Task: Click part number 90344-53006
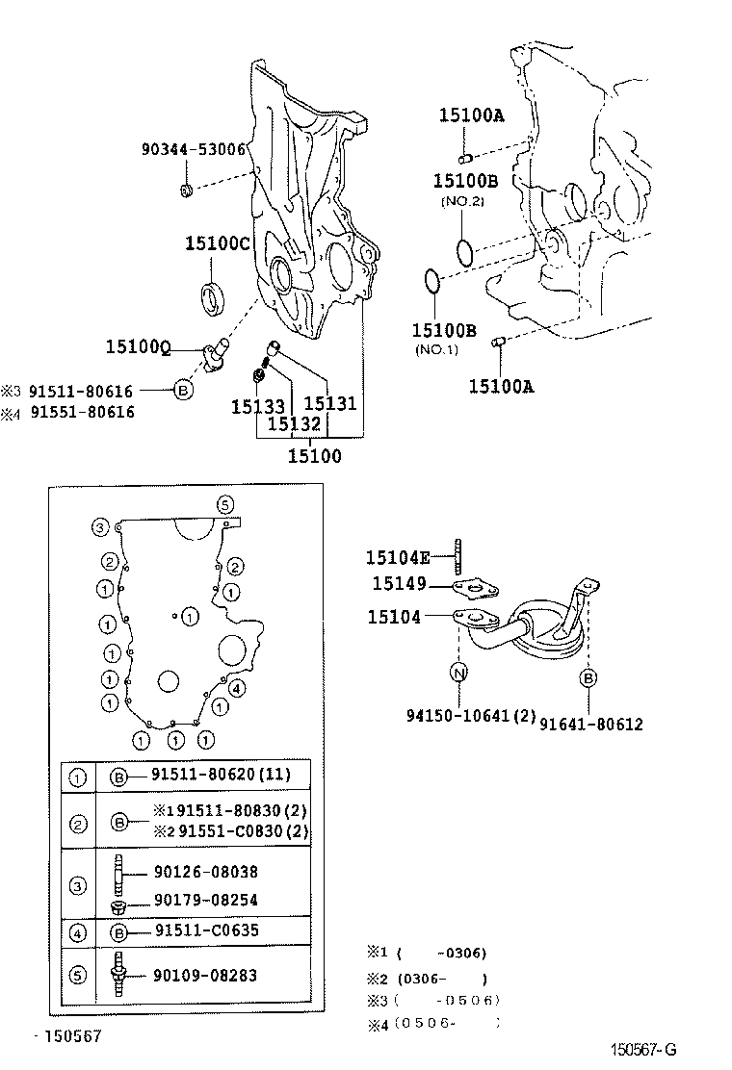click(193, 150)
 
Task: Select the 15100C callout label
click(218, 244)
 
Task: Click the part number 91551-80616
click(82, 413)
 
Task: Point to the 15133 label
click(257, 407)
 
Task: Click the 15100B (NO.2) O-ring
click(464, 253)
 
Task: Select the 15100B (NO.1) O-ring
click(432, 282)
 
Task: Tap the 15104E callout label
click(398, 558)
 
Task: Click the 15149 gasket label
click(396, 584)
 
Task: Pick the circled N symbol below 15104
click(459, 675)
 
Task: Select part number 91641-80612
click(590, 724)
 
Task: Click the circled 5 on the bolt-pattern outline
click(224, 504)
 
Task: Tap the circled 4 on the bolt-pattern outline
click(237, 687)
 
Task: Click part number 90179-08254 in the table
click(205, 901)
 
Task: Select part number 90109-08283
click(205, 976)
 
